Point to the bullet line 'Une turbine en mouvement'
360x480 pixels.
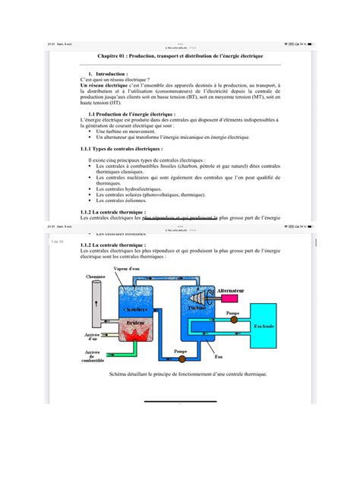[130, 131]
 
